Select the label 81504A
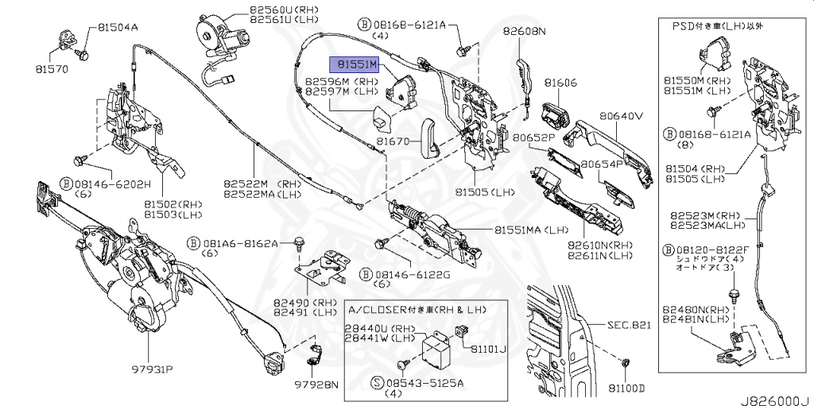pos(118,27)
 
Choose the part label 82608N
pos(525,33)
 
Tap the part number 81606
pos(560,83)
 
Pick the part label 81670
pos(393,141)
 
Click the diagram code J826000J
pos(775,400)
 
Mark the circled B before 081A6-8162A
pos(193,242)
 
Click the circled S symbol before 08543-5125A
pos(378,383)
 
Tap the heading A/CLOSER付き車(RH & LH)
pos(418,307)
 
